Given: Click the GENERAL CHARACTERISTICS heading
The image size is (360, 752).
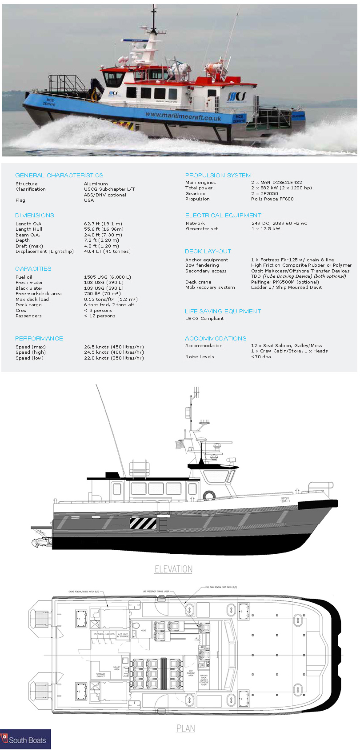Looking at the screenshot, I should tap(59, 176).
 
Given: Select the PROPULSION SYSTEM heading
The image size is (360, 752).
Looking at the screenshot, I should tap(218, 176).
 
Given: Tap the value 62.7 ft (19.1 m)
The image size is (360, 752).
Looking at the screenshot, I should tap(103, 224).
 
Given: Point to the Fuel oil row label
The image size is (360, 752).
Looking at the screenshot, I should tap(24, 277).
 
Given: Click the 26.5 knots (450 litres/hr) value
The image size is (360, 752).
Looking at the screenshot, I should tap(114, 347).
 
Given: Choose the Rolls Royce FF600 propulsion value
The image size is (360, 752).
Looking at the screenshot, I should tap(272, 199).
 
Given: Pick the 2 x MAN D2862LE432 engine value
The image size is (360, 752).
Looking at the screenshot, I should tap(276, 183).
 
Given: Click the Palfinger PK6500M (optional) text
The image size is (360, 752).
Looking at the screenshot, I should tap(285, 282).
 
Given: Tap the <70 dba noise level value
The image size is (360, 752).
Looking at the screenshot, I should tap(261, 357).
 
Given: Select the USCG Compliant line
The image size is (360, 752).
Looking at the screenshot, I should tap(204, 319).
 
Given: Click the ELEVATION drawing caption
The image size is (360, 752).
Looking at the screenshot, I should tap(173, 569).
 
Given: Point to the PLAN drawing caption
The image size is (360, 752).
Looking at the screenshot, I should tap(186, 728).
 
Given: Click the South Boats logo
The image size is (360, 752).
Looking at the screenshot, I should tap(25, 740).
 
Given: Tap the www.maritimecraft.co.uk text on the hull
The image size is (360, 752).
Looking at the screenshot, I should tap(183, 116).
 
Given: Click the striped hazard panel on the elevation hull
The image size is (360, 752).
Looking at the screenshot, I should tap(143, 523).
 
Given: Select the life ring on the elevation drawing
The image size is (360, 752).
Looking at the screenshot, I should tap(208, 495).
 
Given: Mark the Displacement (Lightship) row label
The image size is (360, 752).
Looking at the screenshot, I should tap(44, 252).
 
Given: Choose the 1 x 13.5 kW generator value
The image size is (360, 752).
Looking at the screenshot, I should tap(266, 229).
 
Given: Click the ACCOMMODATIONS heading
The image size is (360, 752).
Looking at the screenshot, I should tap(216, 339).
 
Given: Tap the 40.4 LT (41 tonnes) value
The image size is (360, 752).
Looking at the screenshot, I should tap(107, 252).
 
